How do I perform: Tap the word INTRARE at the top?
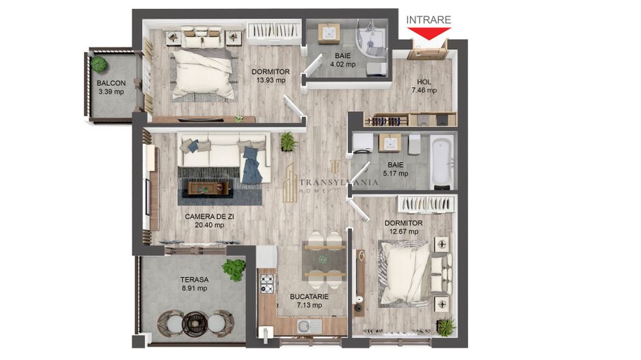428,20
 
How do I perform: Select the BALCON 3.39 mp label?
111,87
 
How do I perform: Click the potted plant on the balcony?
100,65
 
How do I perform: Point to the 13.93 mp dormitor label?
271,75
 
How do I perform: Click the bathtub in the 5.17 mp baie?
442,161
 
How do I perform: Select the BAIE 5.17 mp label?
395,169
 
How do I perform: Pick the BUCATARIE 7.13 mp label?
309,301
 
